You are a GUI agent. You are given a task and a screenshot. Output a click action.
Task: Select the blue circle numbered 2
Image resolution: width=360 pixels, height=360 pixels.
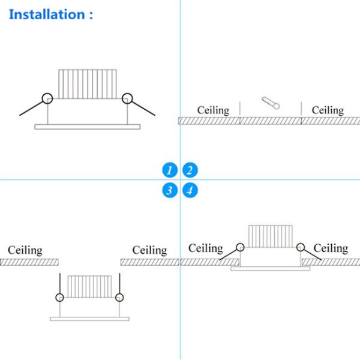[x=190, y=170]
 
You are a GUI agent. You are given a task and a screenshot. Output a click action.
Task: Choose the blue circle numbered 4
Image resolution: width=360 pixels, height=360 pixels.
[x=190, y=191]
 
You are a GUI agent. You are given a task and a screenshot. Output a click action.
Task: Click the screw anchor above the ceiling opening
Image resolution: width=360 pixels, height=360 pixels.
[x=271, y=103]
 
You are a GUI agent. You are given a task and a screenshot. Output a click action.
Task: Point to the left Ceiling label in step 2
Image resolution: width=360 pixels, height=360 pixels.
[x=214, y=110]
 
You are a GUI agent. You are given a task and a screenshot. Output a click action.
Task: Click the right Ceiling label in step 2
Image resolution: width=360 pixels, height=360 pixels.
[x=328, y=110]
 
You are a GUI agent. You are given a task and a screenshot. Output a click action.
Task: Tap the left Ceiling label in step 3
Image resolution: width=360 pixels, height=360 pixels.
[x=25, y=250]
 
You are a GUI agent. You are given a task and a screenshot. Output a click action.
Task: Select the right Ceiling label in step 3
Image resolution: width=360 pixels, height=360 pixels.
[x=149, y=250]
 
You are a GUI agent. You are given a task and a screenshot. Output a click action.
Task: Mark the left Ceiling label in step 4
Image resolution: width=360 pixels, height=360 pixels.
[x=205, y=248]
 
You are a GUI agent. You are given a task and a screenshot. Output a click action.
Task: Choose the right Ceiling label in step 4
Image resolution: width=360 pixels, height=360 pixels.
[x=331, y=248]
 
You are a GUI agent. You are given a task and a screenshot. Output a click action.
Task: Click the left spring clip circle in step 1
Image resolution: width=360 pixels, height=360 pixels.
[x=46, y=98]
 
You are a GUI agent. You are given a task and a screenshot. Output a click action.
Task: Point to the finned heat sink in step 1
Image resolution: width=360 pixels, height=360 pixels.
[x=86, y=83]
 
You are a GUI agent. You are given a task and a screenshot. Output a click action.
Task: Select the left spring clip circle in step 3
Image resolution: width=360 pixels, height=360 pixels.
[x=59, y=297]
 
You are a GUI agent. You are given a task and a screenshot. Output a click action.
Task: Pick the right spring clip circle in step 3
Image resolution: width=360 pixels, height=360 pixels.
[x=120, y=297]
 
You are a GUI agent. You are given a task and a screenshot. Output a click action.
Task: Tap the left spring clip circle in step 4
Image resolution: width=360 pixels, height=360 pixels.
[x=240, y=247]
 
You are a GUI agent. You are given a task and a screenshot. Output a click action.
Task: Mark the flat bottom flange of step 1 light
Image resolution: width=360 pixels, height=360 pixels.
[x=87, y=126]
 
